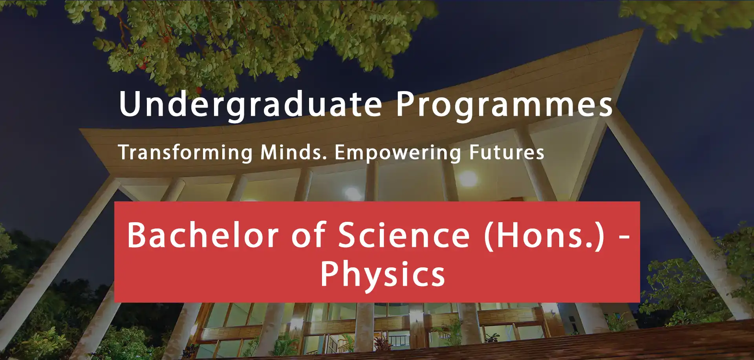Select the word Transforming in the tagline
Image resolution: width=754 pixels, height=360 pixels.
tap(185, 153)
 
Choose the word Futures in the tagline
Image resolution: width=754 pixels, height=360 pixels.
tap(507, 152)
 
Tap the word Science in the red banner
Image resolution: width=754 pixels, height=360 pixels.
tap(404, 235)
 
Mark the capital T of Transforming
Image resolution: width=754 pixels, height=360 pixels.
tap(126, 152)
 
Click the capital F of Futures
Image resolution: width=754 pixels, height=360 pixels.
tap(475, 152)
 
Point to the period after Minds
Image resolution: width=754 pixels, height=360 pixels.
tap(325, 159)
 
